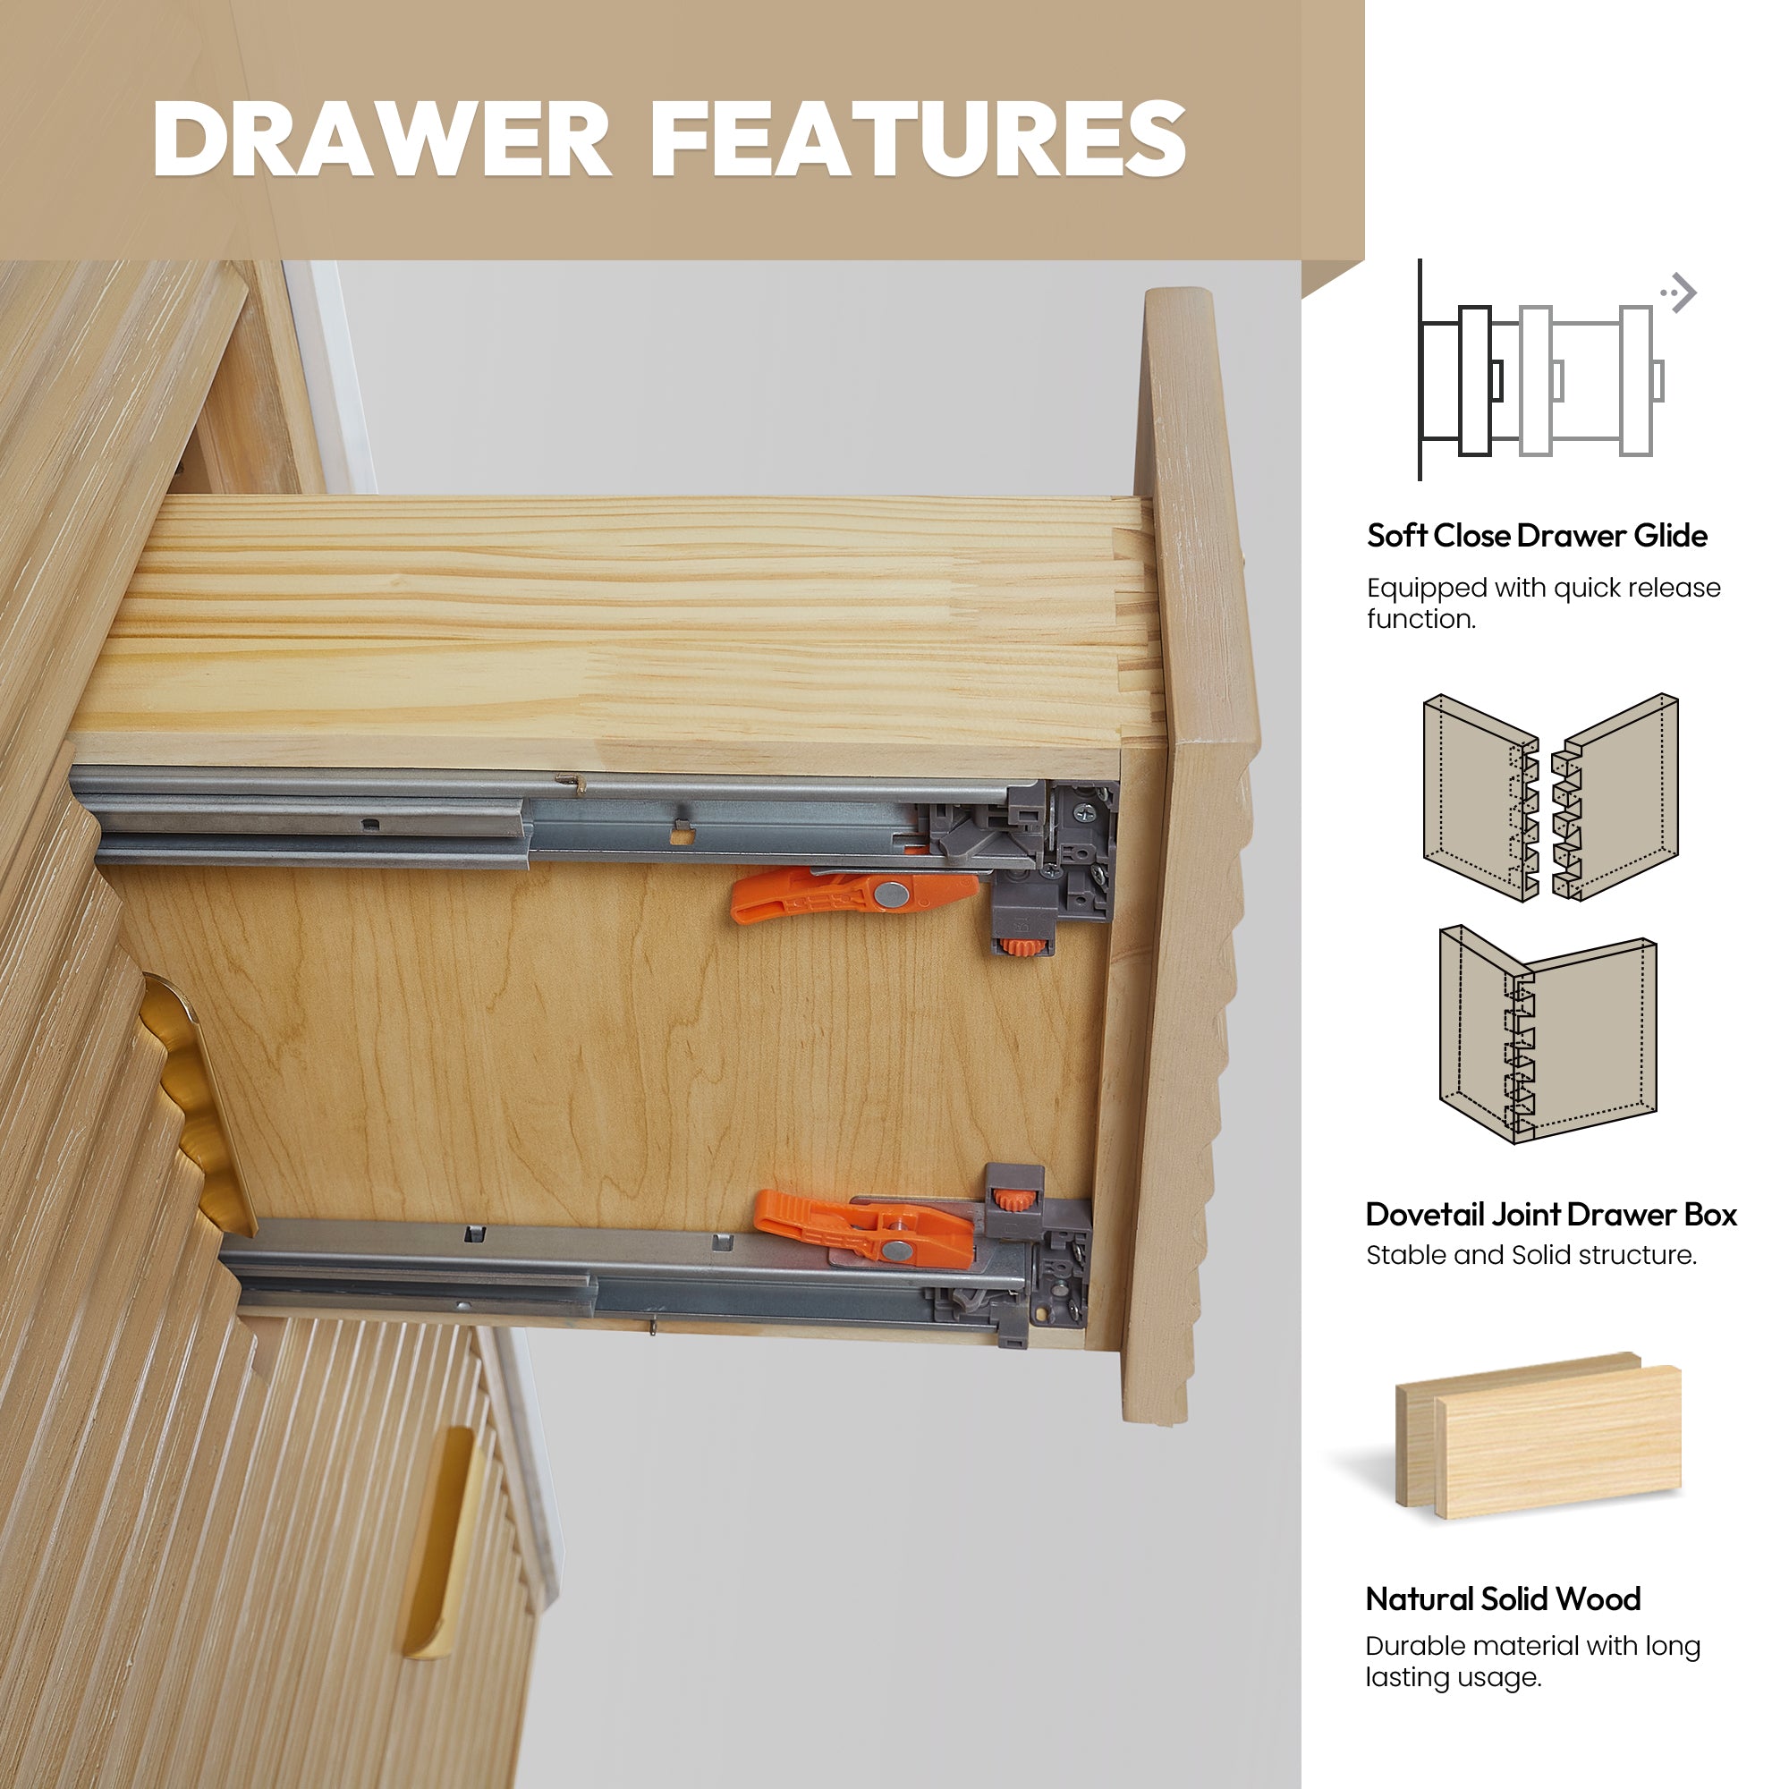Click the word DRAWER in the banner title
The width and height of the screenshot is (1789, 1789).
(382, 138)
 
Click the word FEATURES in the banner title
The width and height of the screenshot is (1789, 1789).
(919, 138)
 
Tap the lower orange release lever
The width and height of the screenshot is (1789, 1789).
(864, 1227)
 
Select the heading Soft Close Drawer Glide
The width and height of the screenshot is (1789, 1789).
(1537, 535)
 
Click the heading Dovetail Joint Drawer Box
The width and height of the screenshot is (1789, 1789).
(1551, 1214)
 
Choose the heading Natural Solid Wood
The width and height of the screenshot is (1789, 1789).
(1503, 1598)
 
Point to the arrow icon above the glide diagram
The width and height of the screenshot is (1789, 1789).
(1678, 293)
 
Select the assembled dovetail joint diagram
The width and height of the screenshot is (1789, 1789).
(1547, 1033)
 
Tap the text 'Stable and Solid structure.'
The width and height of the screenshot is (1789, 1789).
(1531, 1256)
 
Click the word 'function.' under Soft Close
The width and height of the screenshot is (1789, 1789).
(1421, 619)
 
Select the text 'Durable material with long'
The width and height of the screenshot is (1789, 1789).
(1532, 1646)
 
